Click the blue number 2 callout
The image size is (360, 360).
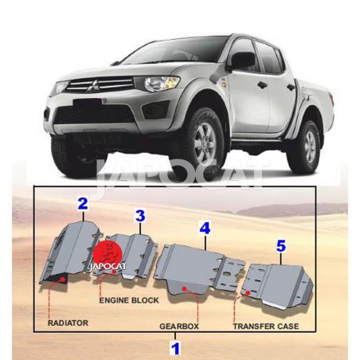pos(83,203)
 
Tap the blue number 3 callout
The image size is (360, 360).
pos(140,216)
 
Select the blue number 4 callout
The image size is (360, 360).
pos(205,228)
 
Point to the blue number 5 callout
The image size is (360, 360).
pos(281,246)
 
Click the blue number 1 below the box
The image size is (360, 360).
pos(175,349)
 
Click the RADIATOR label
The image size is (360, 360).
pos(68,323)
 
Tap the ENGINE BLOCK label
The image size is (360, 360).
pos(129,300)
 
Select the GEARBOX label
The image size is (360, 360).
pos(179,327)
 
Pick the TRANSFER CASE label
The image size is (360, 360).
pos(266,327)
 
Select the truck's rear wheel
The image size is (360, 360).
pos(307,146)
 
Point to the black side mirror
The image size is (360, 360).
pos(243,61)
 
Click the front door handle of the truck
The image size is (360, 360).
pos(262,85)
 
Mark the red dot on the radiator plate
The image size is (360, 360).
pos(63,279)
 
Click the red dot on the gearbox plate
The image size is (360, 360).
pos(185,288)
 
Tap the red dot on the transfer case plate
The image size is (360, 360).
pos(248,293)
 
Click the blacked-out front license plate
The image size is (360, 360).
pos(88,104)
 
